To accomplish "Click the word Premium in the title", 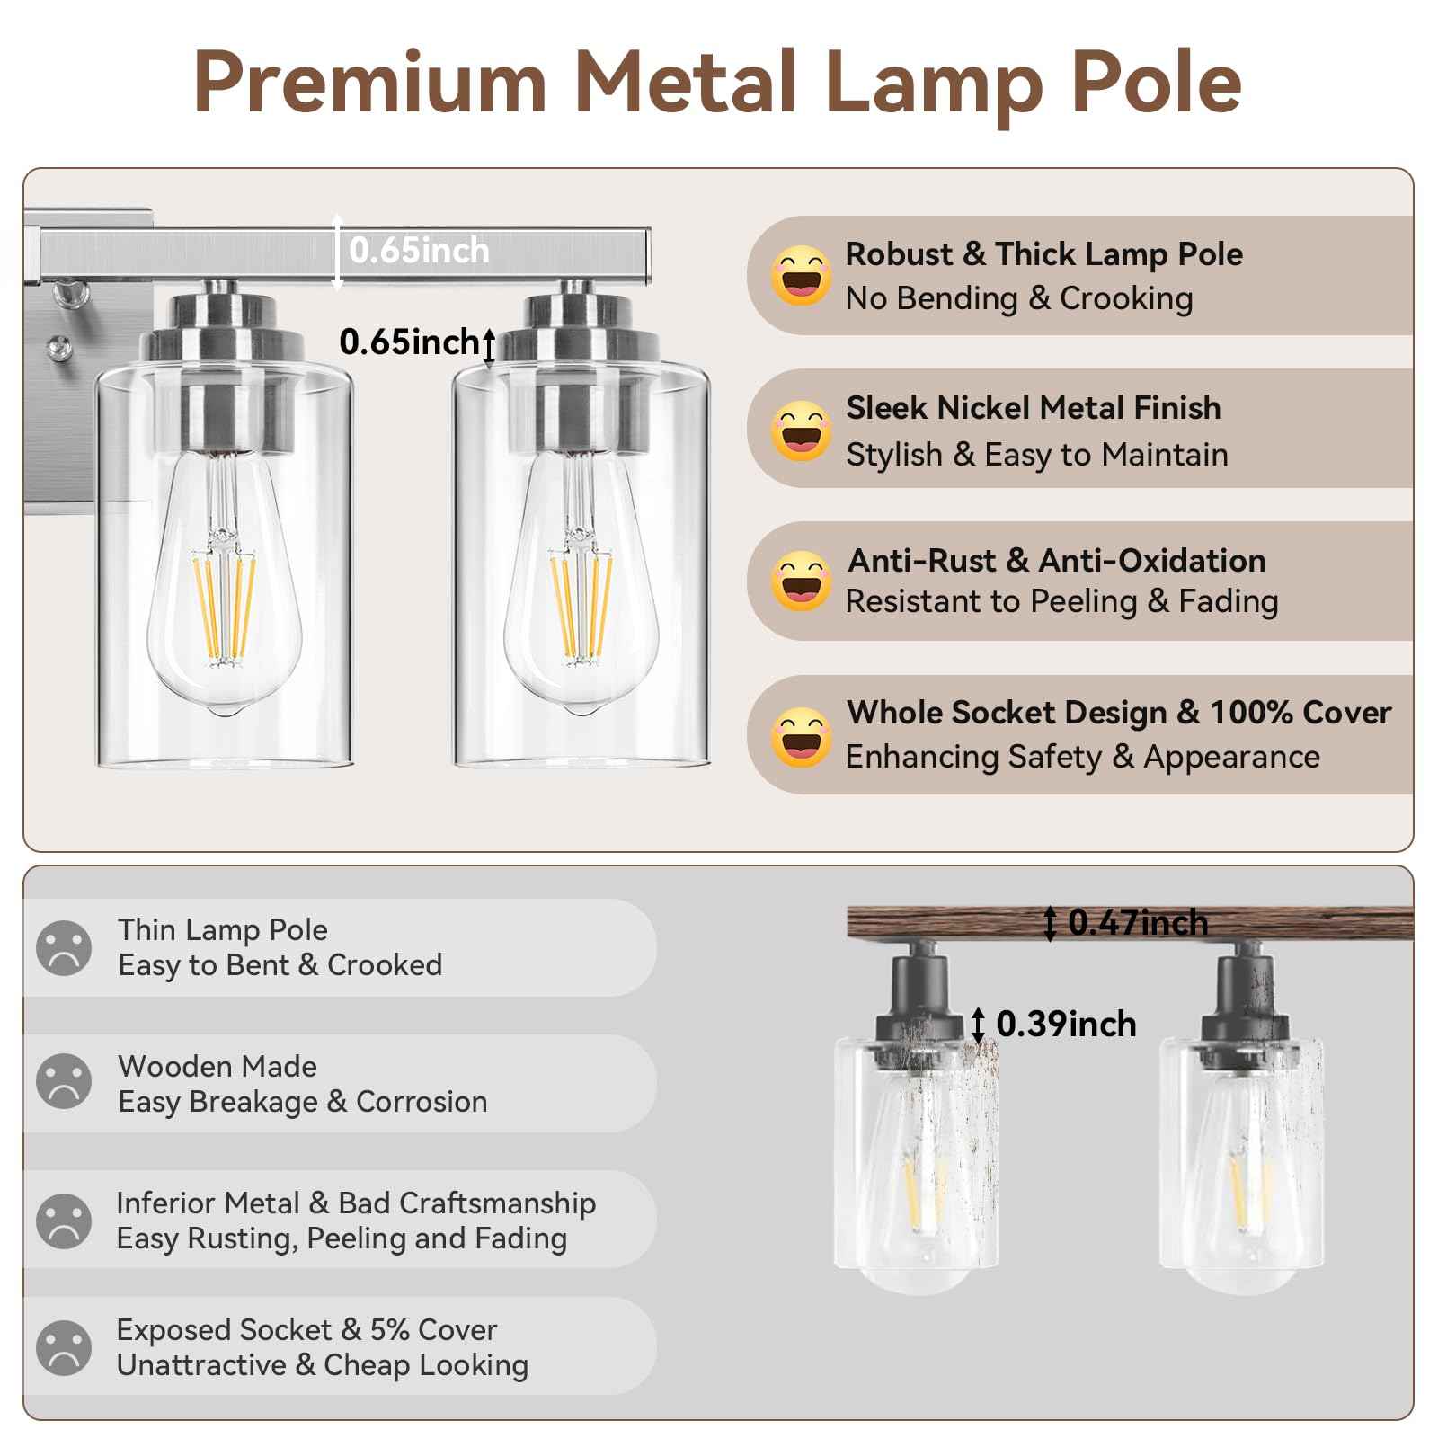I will [370, 83].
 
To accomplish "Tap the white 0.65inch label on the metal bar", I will [419, 251].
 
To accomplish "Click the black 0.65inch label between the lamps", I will [409, 342].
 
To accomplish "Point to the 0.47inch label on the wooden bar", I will [1138, 923].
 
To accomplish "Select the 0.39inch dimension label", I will [1066, 1025].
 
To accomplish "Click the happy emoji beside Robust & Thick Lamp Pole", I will [800, 275].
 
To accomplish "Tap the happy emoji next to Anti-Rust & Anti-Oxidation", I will [800, 581].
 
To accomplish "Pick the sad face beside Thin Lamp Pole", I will [64, 948].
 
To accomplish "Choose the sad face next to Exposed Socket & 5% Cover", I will [64, 1347].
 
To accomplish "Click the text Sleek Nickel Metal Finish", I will [1033, 408].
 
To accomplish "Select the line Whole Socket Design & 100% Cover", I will [1118, 713].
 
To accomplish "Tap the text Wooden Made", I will [217, 1067].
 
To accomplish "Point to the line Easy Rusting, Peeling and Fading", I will [342, 1238].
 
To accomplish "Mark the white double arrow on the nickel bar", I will [337, 252].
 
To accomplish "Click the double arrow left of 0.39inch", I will [978, 1025].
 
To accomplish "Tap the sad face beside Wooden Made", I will [64, 1081].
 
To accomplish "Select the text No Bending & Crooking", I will [1019, 298].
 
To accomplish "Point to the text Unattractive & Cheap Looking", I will [322, 1365].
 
